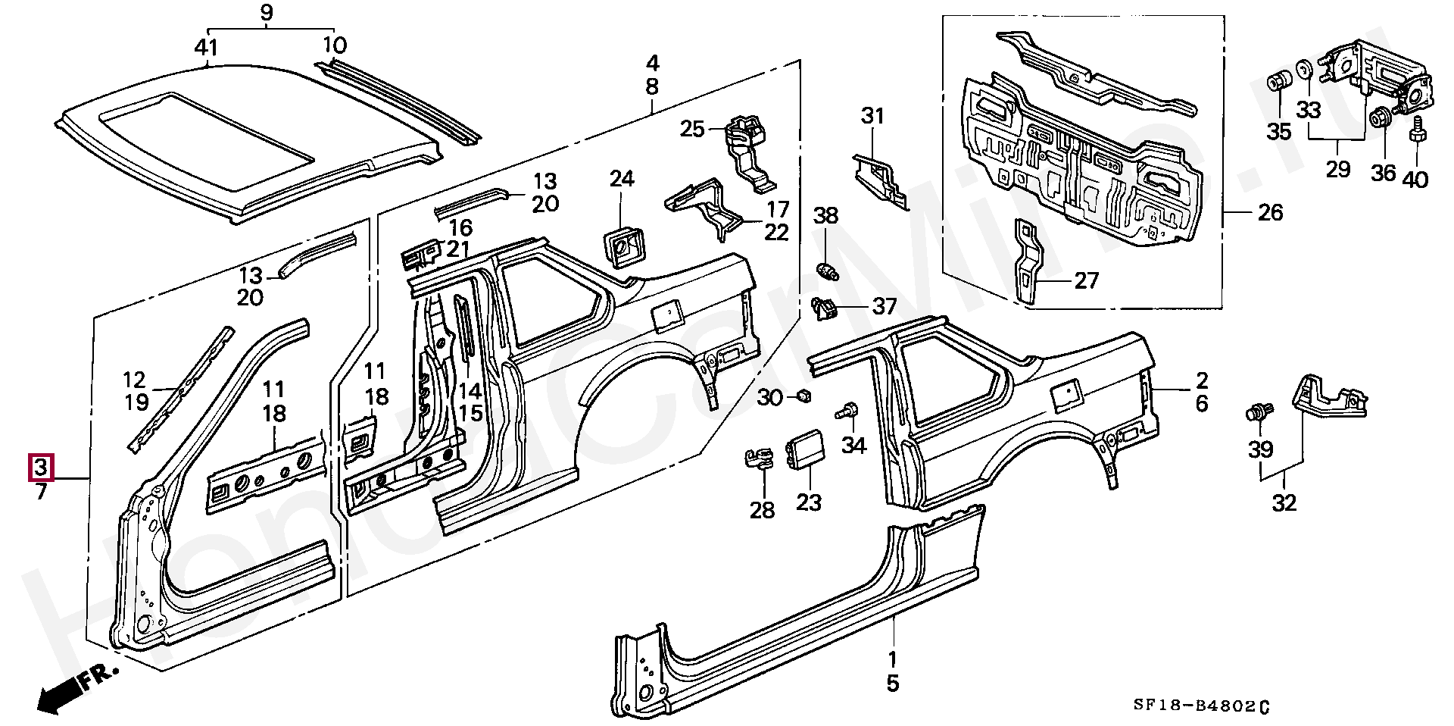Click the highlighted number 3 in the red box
40,468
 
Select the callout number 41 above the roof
206,47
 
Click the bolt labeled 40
1415,144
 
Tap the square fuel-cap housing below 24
622,244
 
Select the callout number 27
1086,281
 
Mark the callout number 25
692,130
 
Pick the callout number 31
872,117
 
